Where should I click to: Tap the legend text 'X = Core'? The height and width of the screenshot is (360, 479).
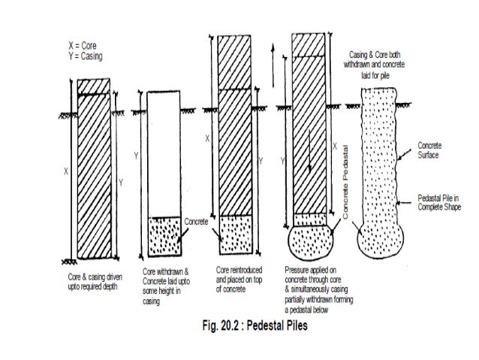click(83, 47)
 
